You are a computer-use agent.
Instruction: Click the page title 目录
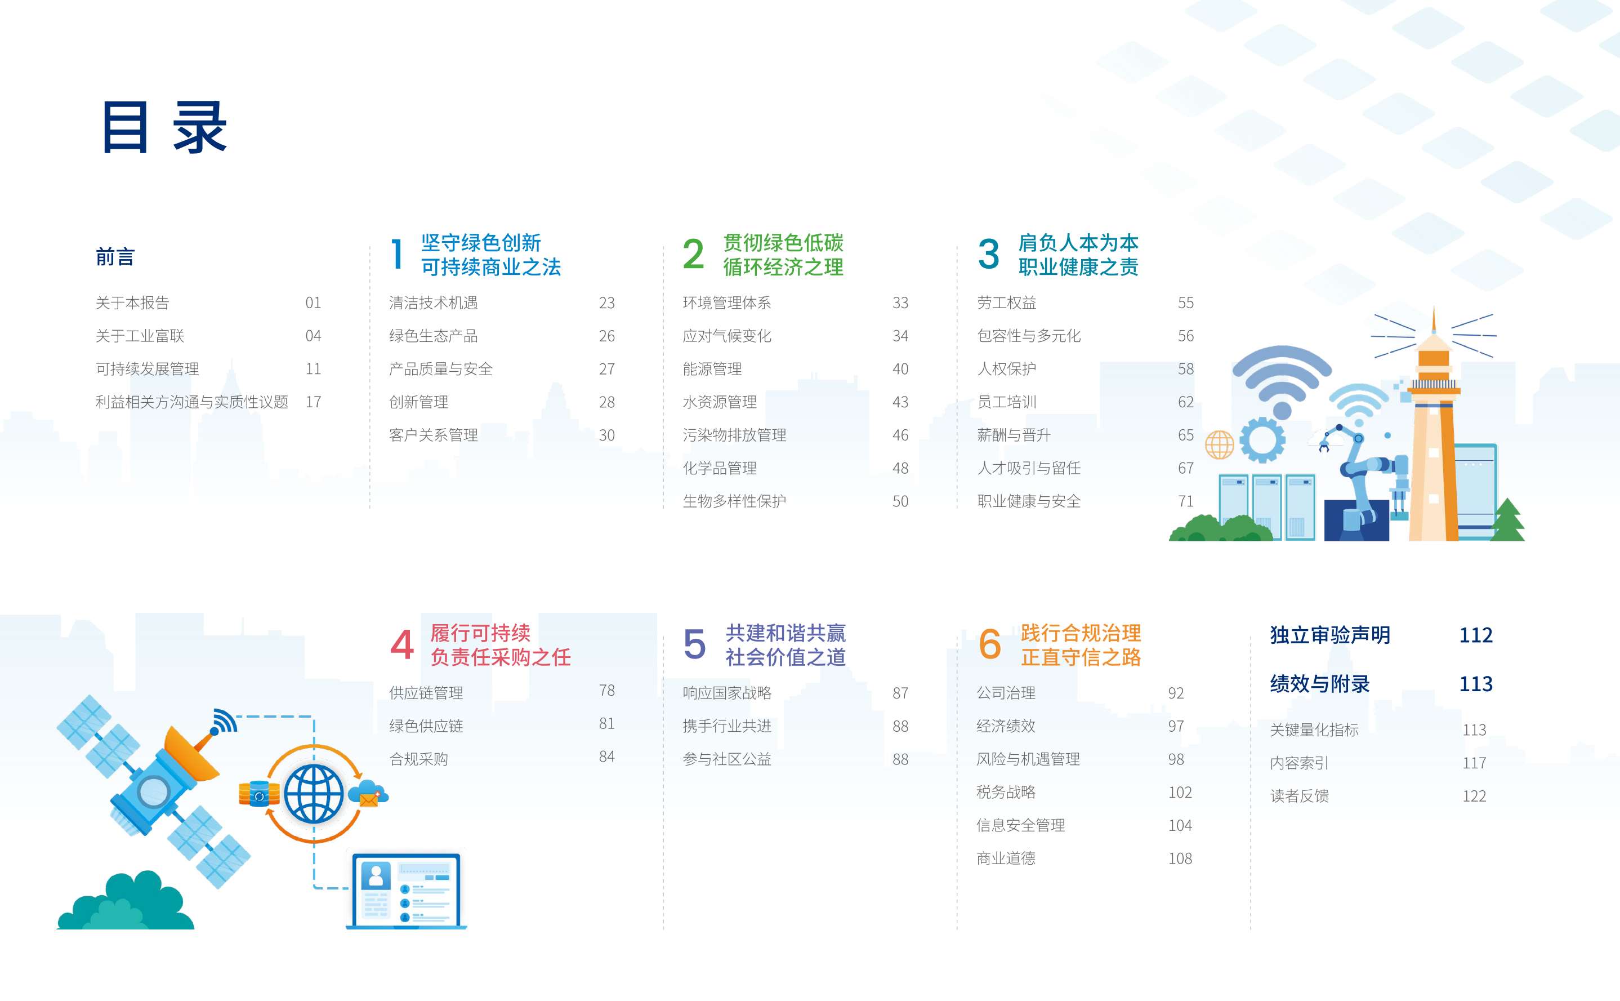165,127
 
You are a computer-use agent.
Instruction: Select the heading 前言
115,257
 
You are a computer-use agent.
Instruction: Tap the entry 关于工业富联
140,336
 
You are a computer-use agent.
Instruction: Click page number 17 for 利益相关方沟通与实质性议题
313,402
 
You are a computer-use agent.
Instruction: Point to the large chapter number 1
397,254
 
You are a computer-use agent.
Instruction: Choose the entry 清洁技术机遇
434,302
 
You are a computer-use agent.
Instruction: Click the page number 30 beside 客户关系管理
607,435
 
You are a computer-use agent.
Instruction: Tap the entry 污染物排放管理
735,435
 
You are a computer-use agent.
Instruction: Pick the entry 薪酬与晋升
1014,435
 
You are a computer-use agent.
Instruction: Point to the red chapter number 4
401,645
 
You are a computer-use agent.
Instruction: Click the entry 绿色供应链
426,726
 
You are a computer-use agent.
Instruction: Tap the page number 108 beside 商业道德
1180,858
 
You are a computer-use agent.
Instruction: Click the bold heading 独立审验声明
1330,635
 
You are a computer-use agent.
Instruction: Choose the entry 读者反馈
1300,796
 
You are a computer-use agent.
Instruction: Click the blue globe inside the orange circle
314,794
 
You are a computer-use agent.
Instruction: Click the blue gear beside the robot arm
1262,439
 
